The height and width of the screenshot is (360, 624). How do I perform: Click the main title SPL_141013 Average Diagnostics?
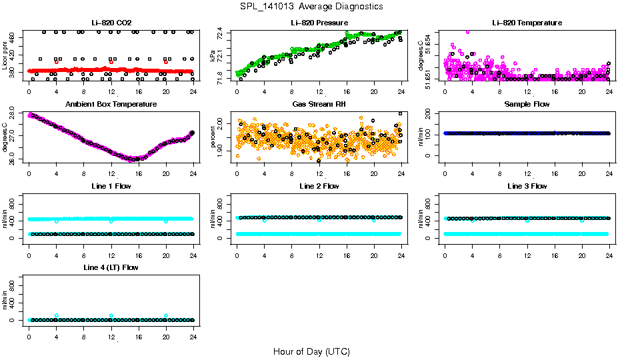click(312, 7)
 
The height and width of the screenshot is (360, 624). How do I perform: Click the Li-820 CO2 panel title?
click(111, 23)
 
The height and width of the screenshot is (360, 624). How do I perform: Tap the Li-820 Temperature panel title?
click(527, 23)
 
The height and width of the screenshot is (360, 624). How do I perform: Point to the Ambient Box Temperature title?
click(111, 105)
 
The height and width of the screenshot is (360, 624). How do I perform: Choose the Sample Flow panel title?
click(527, 105)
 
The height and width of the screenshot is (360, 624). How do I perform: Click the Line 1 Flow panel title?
click(111, 186)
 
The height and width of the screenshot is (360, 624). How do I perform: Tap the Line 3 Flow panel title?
click(527, 186)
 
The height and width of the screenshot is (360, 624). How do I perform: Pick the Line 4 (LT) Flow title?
click(111, 267)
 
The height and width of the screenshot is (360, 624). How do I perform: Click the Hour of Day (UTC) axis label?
click(311, 351)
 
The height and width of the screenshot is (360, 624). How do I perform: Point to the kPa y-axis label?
click(213, 57)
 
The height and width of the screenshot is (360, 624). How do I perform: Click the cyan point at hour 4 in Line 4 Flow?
click(57, 315)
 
